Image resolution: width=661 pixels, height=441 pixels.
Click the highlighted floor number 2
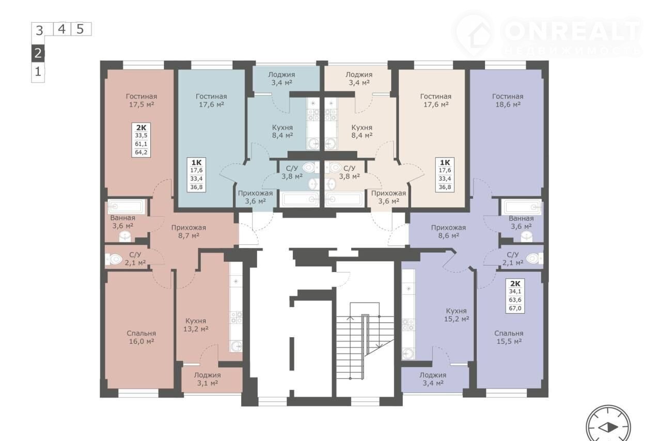coord(38,53)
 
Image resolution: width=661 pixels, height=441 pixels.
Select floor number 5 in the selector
coord(80,29)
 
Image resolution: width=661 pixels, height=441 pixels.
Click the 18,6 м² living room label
coord(508,100)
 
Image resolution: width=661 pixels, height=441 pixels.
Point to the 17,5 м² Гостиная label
coord(141,100)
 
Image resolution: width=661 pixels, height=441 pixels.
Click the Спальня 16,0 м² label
coord(141,337)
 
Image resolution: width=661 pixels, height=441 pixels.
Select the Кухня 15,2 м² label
coord(457,315)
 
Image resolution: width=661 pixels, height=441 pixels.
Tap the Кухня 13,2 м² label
coord(196,325)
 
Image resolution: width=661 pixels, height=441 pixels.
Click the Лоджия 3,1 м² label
coord(207,379)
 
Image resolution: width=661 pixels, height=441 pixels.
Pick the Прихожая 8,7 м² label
coord(188,232)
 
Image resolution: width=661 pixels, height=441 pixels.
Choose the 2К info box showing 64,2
coord(141,140)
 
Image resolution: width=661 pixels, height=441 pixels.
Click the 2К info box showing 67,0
coord(515,296)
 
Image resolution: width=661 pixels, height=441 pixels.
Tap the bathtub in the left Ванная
coord(127,207)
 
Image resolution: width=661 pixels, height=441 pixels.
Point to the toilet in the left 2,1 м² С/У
coord(114,259)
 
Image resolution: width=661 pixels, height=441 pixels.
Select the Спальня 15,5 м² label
coord(509,337)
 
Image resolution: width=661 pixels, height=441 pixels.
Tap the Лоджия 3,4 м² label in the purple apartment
coord(433,379)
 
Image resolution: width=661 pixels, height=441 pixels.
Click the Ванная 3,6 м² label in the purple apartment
coord(521,223)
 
